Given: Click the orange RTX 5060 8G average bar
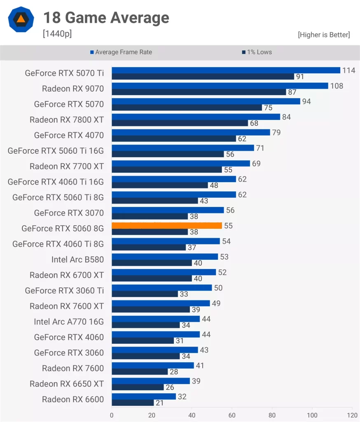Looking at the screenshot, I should [167, 226].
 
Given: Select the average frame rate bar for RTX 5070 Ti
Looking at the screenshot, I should [226, 70].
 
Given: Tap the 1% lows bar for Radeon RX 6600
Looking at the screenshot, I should [133, 403].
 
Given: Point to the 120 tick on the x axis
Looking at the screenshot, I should [352, 415].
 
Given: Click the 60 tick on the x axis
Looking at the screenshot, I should [232, 415].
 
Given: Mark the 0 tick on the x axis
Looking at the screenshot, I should [112, 415].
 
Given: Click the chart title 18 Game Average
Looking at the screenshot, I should [106, 18].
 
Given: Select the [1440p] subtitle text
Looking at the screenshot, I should [57, 34].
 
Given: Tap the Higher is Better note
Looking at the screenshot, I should [324, 35].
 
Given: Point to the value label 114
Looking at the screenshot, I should [348, 70].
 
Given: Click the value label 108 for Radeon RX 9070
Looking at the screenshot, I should [337, 86].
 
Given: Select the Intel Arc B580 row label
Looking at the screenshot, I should [77, 260].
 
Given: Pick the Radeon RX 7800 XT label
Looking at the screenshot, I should [67, 120].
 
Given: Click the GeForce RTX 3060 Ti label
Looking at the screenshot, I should [64, 291].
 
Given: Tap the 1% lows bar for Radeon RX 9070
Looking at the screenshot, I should [199, 92].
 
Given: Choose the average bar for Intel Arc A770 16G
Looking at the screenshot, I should [156, 319].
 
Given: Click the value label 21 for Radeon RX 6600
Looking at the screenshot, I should [160, 403].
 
